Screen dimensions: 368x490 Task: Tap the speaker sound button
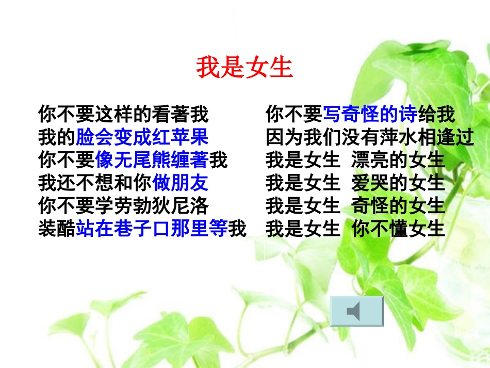[356, 311]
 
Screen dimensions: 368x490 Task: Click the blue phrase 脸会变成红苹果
[142, 138]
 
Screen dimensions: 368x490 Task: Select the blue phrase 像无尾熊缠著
[152, 161]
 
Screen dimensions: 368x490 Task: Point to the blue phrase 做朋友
[181, 183]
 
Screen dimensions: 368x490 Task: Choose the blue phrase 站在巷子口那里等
[152, 229]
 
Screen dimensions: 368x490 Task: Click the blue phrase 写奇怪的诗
[370, 114]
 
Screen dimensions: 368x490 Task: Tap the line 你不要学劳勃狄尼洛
[123, 206]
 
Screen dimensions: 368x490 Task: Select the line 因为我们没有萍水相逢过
[370, 138]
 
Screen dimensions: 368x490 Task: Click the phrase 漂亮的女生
[398, 161]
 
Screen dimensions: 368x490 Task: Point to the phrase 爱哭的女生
[398, 183]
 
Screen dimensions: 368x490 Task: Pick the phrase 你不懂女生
[398, 229]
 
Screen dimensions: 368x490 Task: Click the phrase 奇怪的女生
[398, 206]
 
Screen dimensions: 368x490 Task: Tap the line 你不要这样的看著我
[123, 114]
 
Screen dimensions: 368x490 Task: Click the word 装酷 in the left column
[57, 229]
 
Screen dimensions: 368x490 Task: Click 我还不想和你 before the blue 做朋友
[95, 183]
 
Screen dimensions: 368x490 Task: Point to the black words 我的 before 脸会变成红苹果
[57, 138]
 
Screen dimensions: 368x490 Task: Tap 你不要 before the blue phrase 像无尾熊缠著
[67, 161]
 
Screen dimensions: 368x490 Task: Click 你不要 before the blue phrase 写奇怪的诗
[294, 114]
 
